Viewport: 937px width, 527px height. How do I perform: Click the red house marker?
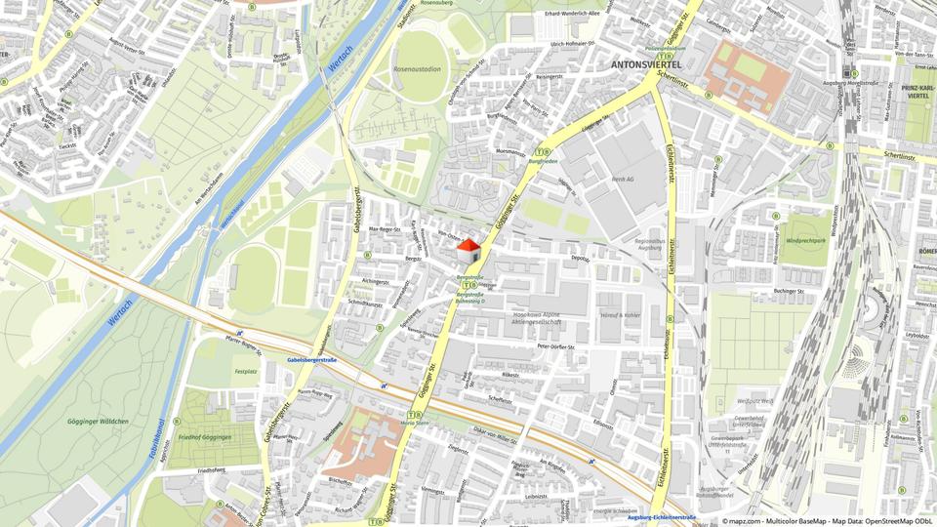tap(469, 250)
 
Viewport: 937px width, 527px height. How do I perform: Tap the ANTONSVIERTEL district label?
tap(645, 64)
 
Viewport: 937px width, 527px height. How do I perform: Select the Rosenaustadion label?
tap(416, 70)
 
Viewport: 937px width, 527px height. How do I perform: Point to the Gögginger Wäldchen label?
tap(98, 422)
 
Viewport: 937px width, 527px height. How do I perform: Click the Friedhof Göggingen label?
tap(205, 438)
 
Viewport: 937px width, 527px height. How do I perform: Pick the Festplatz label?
tap(245, 371)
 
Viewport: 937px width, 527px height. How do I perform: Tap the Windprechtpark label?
tap(806, 239)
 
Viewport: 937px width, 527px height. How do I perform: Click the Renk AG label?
tap(623, 180)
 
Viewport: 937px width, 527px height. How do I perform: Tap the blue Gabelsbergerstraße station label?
tap(311, 360)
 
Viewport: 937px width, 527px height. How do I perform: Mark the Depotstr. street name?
tap(581, 259)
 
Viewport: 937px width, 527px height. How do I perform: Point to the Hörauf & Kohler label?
tap(620, 315)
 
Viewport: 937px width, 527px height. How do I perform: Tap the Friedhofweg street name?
tap(211, 470)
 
